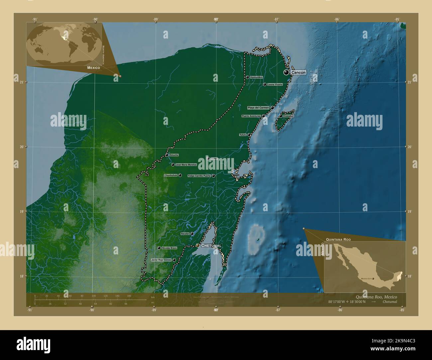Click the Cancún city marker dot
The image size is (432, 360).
286,72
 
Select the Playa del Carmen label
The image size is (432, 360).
258,108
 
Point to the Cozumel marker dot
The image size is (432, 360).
281,116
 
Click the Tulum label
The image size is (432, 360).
243,135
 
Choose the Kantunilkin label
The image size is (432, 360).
257,77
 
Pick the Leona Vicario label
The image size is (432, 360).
275,84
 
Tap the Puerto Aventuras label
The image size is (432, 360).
251,116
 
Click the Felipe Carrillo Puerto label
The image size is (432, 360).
199,176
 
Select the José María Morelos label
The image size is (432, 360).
186,165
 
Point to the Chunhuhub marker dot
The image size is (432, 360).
180,175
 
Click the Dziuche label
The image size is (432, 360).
174,155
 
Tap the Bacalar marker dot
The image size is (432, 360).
192,234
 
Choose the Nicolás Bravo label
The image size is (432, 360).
169,248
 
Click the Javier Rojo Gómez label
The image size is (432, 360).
161,260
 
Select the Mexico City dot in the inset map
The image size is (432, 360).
373,279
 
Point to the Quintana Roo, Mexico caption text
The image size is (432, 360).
376,297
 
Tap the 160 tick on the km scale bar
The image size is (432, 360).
129,296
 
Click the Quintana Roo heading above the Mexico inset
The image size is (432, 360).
338,239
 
